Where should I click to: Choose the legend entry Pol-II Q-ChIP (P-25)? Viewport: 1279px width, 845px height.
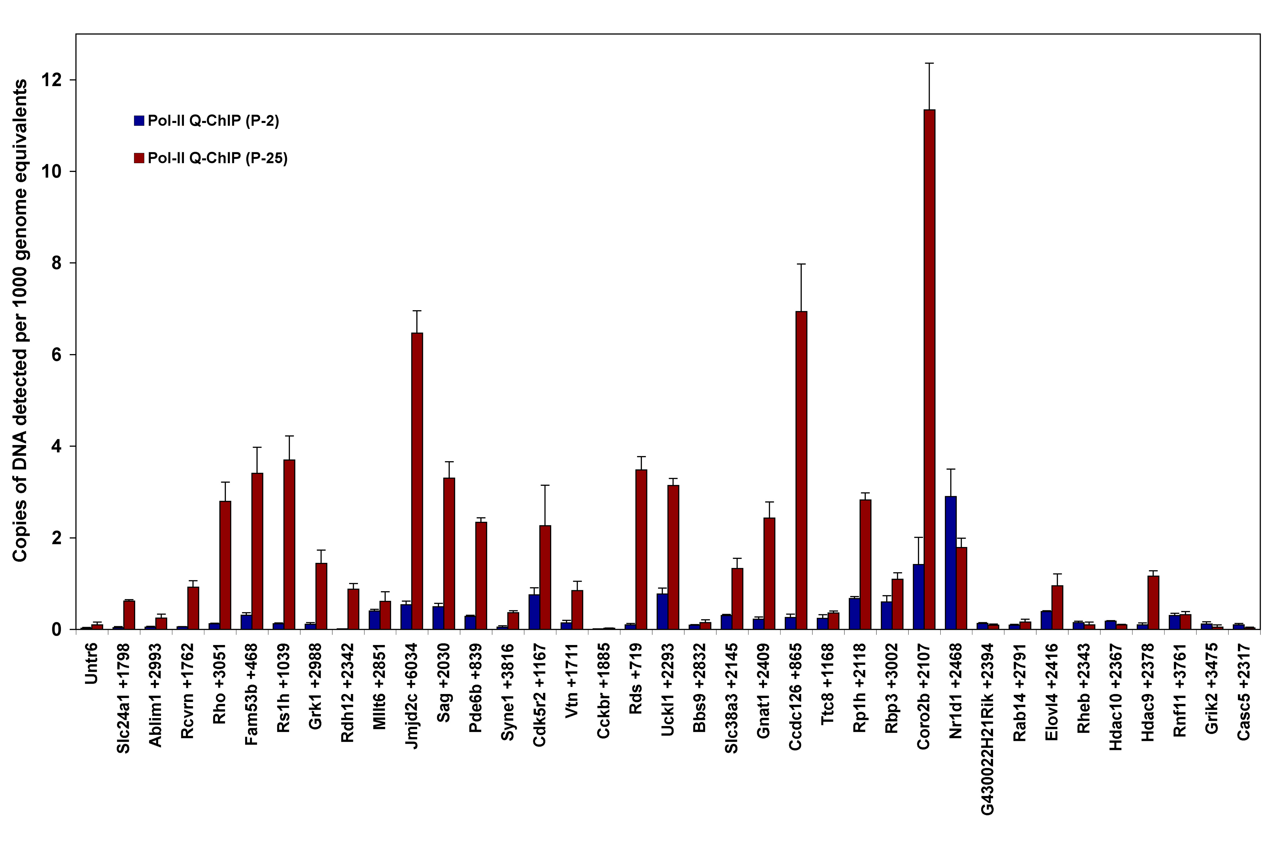pos(211,158)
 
